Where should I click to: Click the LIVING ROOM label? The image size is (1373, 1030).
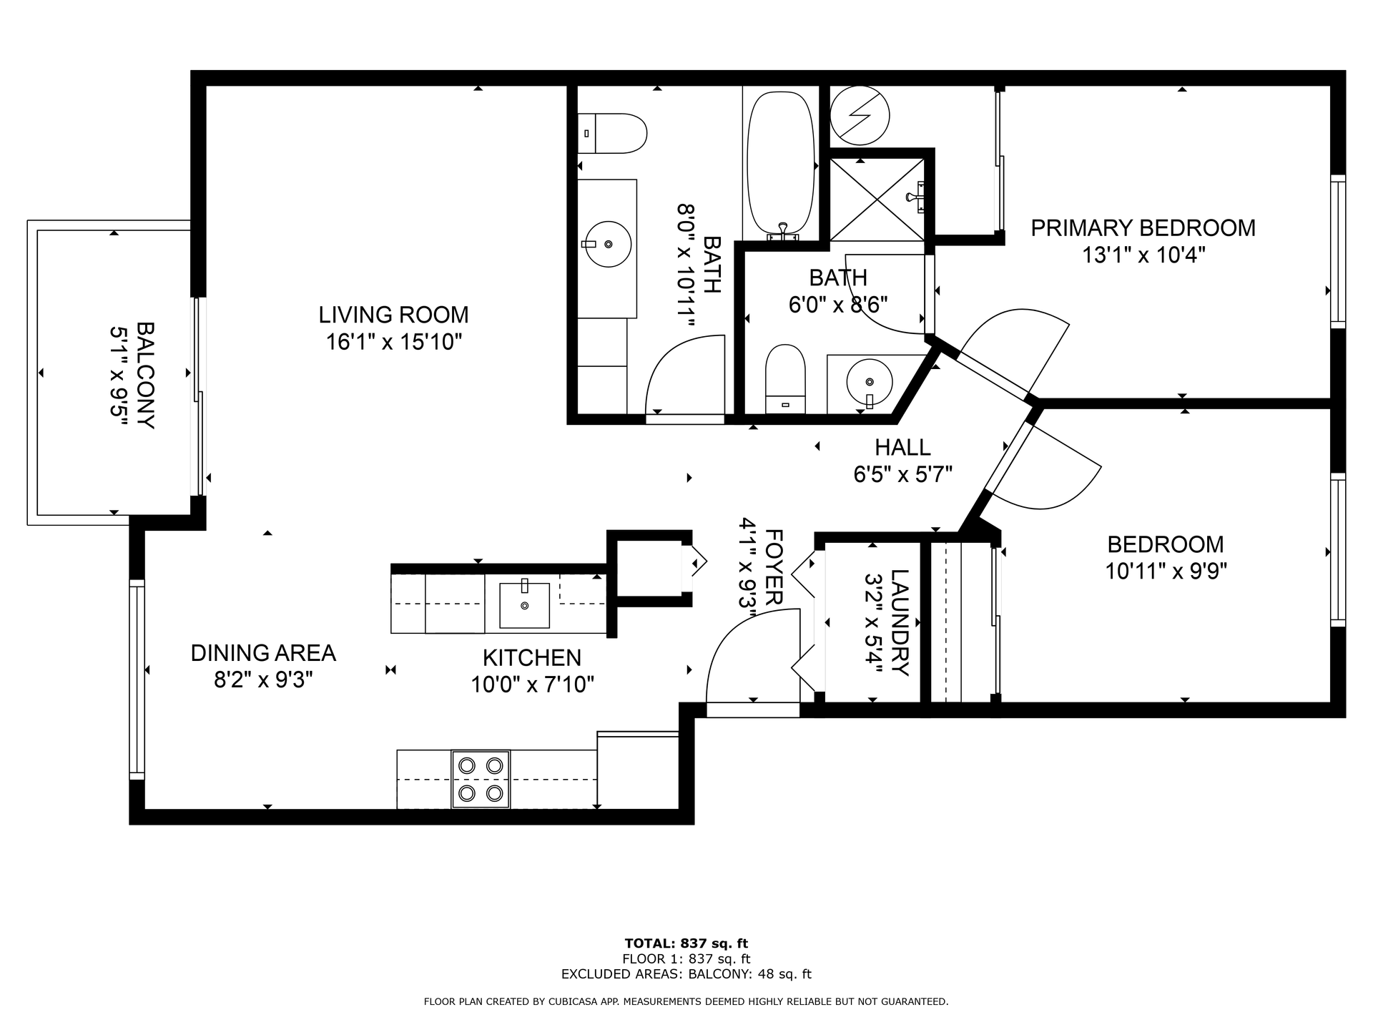coord(393,315)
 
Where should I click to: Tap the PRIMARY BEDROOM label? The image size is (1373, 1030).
coord(1143,228)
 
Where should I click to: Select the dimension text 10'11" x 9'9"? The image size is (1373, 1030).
coord(1166,572)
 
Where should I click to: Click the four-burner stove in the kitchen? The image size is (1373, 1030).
coord(481,779)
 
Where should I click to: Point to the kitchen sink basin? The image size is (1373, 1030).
coord(524,605)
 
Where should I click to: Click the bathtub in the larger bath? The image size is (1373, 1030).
coord(780,165)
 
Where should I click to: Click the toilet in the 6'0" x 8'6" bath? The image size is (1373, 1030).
coord(785,380)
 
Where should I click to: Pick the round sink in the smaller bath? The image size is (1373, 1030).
coord(870,383)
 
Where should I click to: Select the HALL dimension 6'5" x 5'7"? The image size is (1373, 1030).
coord(903,474)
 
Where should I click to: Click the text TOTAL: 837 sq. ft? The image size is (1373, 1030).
coord(686,943)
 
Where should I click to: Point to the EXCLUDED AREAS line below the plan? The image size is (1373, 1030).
coord(686,974)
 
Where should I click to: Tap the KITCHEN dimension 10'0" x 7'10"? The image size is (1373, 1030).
coord(533,685)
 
